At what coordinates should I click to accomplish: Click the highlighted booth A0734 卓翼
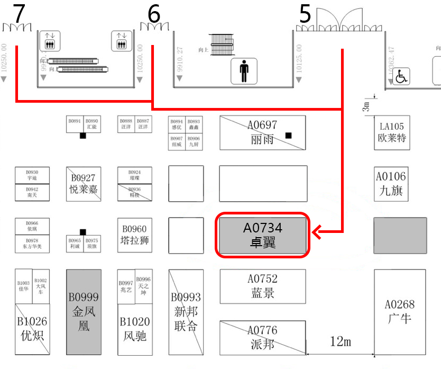click(263, 235)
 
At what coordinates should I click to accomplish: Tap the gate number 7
click(19, 14)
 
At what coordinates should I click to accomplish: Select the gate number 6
click(153, 14)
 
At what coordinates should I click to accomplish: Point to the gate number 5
click(305, 14)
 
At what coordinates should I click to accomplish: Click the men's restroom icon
click(244, 70)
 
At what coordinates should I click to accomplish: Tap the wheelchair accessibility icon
click(401, 77)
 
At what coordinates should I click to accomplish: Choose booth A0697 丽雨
click(263, 132)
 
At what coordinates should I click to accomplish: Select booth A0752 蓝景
click(263, 286)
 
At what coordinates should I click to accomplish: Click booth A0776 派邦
click(262, 337)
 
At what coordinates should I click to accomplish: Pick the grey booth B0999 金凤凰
click(84, 312)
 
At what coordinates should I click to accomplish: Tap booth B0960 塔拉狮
click(134, 235)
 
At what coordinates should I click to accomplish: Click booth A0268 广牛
click(400, 312)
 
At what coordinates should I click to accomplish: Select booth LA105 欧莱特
click(392, 132)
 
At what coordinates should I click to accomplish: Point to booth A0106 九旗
click(392, 183)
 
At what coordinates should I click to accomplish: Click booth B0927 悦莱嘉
click(84, 183)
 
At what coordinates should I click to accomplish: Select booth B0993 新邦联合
click(186, 312)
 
